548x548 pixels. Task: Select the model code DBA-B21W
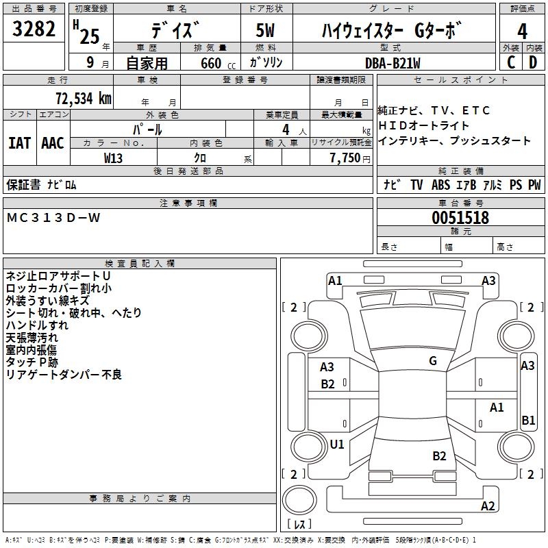[393, 62]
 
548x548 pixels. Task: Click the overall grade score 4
[523, 31]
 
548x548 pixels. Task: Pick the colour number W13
[114, 158]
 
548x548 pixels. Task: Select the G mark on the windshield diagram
[433, 361]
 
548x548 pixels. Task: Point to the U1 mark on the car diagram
[337, 444]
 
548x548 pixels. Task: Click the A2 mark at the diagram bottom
[488, 506]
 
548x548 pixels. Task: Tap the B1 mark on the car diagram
[528, 421]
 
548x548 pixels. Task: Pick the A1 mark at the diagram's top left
[335, 280]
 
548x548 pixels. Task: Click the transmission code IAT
[20, 143]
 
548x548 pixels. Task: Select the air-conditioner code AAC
[53, 143]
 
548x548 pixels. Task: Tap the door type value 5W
[265, 31]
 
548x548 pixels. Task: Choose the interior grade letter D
[533, 62]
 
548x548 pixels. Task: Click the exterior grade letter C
[511, 62]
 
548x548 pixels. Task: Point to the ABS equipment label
[440, 185]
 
